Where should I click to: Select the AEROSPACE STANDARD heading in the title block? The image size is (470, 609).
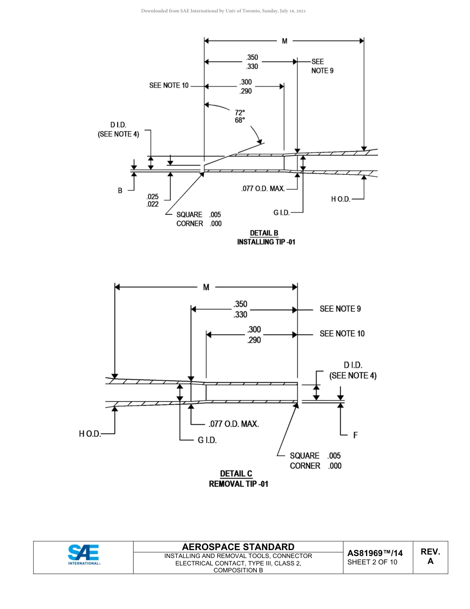coord(238,547)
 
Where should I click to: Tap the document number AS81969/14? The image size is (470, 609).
coord(375,553)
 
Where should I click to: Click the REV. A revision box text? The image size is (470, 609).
coord(430,556)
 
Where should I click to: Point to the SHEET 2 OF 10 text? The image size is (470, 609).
coord(372,562)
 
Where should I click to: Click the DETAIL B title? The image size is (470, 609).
coord(264,233)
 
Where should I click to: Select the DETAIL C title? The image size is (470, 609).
coord(236,474)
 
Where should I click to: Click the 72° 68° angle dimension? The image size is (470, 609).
coord(240,116)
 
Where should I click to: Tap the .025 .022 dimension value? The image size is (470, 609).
coord(152,200)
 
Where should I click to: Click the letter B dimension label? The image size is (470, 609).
coord(120,190)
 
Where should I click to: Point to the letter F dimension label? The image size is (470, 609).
coord(355,436)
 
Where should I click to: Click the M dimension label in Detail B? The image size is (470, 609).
coord(284,41)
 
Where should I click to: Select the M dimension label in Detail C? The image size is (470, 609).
coord(206,287)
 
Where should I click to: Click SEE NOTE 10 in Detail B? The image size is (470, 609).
coord(169,86)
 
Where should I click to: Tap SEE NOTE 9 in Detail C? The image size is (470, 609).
coord(340,309)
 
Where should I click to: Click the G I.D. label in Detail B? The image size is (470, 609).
coord(281,213)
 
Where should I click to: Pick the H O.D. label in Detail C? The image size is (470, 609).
coord(90,434)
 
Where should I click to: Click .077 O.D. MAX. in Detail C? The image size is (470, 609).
coord(234,424)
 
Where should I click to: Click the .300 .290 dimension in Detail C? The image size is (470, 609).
coord(254,335)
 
